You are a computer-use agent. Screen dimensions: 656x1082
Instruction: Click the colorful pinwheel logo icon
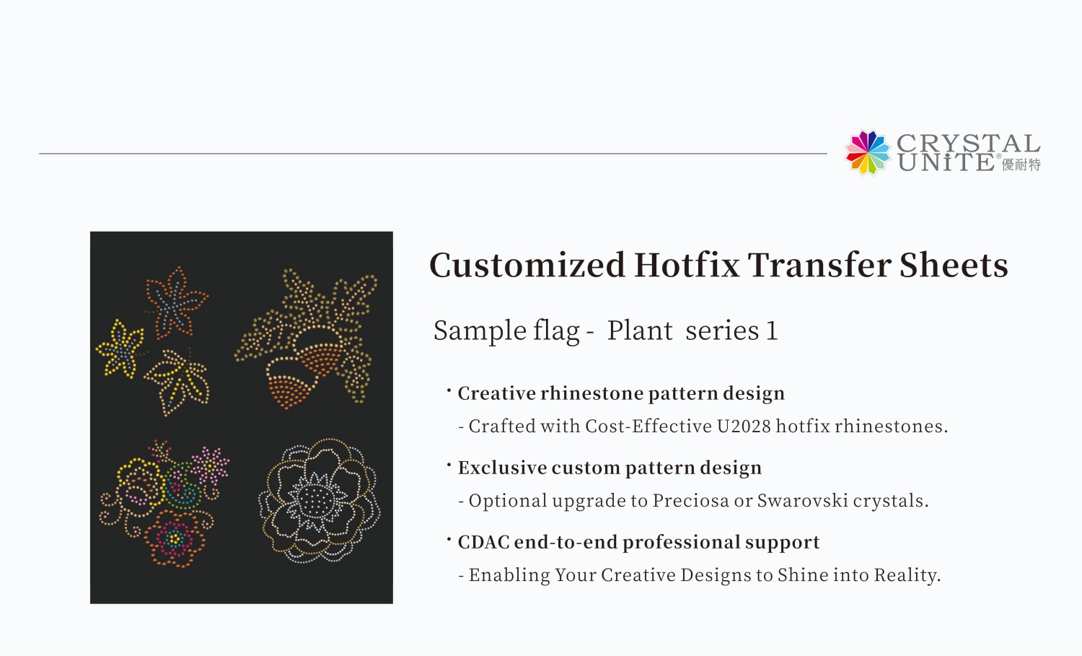tap(868, 152)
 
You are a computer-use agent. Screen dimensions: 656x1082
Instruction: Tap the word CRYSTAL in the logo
tap(968, 143)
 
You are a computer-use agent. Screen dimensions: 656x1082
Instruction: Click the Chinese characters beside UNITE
tap(1021, 165)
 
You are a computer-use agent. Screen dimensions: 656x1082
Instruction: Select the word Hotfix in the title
tap(687, 265)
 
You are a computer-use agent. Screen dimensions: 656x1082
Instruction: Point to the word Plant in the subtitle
tap(639, 331)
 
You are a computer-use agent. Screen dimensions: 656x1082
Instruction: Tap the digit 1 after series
tap(772, 331)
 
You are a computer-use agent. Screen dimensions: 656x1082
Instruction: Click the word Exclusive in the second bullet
tap(502, 468)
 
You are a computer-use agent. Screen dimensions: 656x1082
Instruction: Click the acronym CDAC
tap(483, 542)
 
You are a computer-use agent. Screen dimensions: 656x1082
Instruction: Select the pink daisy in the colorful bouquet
tap(210, 465)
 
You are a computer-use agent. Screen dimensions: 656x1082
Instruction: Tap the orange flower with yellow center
tap(174, 540)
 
